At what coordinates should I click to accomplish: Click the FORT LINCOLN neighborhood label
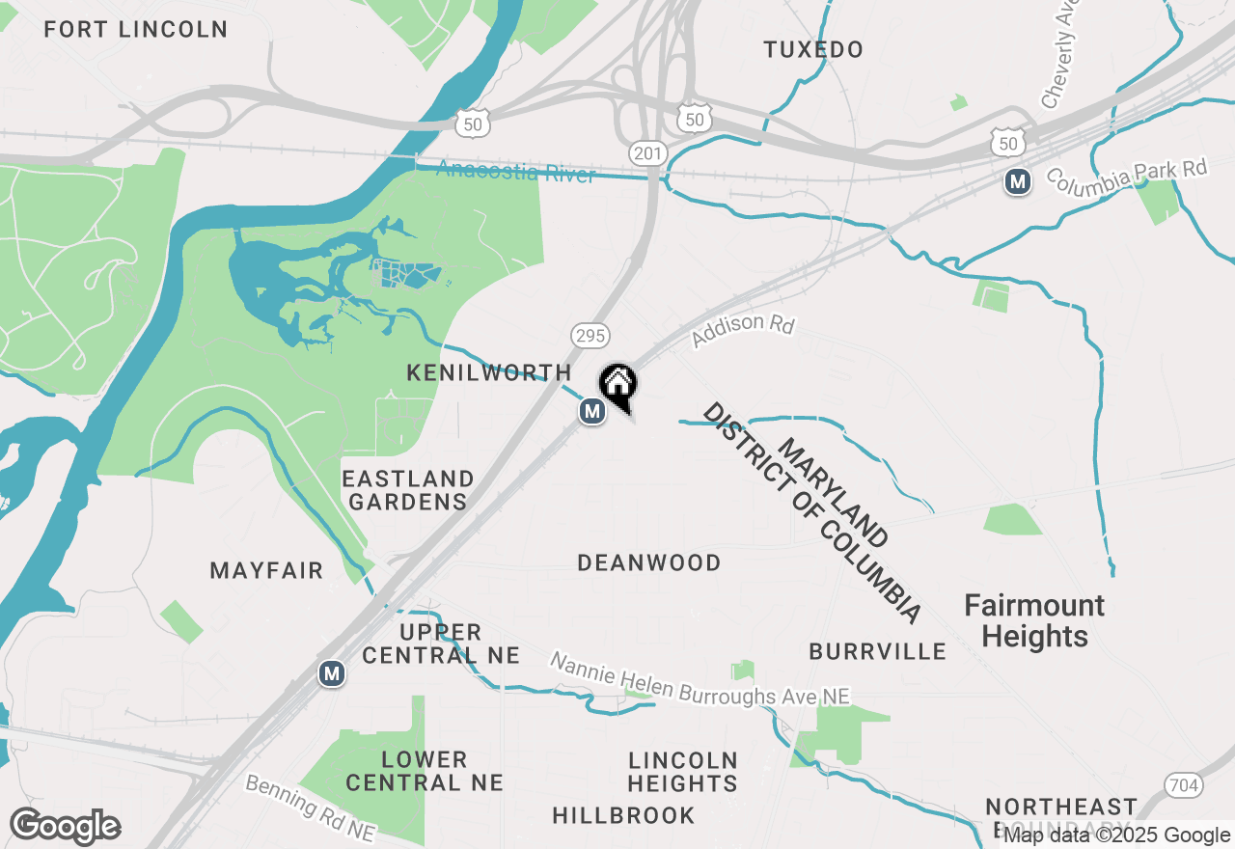(136, 29)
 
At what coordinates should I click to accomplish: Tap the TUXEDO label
(813, 49)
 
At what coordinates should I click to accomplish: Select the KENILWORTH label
(489, 372)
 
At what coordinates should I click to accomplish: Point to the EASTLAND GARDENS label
(409, 490)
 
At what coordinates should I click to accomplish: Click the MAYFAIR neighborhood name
(267, 570)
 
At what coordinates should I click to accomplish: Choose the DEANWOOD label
(649, 562)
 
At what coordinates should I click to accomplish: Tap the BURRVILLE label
(878, 651)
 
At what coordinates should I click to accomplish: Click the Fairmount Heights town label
(1034, 621)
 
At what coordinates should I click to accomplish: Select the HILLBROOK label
(623, 815)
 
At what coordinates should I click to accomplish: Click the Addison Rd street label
(743, 331)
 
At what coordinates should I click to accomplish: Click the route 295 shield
(590, 336)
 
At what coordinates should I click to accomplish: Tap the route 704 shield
(1182, 785)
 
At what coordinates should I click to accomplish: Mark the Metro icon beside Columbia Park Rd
(1017, 180)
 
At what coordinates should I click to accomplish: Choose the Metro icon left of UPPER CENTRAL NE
(332, 673)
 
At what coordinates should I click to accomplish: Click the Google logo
(65, 827)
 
